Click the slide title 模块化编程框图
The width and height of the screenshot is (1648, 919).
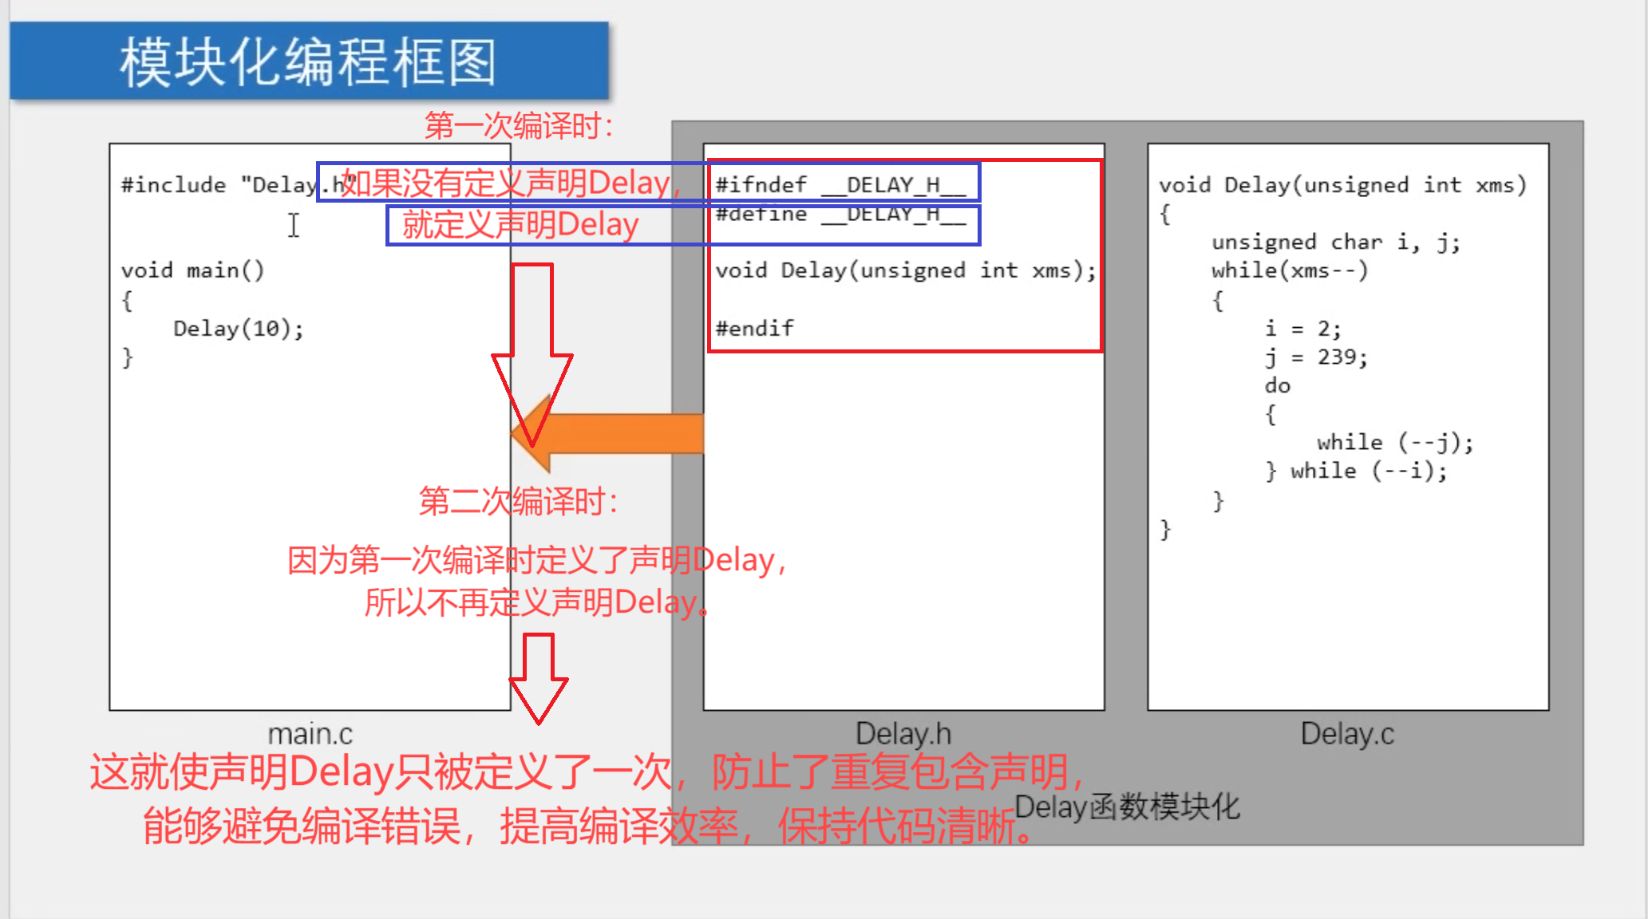[308, 62]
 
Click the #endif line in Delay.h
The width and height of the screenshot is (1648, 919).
[754, 329]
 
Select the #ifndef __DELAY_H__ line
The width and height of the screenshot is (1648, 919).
[840, 185]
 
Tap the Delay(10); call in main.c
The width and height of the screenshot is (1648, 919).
[238, 329]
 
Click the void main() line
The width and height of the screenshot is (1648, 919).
[192, 271]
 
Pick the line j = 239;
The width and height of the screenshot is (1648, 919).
[1316, 357]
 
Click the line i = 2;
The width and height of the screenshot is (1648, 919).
[1302, 329]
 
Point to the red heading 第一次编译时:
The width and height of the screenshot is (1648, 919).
[519, 126]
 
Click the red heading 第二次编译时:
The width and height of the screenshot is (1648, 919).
[519, 502]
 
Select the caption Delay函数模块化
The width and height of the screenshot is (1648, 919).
[1127, 807]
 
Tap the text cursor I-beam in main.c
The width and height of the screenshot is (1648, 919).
[294, 225]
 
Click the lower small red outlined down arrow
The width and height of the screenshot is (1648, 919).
[539, 678]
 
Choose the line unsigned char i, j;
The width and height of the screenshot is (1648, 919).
[1335, 243]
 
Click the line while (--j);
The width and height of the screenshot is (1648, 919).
[1394, 443]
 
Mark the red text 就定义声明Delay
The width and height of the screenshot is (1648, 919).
[520, 225]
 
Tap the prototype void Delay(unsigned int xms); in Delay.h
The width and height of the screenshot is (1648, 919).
[905, 271]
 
